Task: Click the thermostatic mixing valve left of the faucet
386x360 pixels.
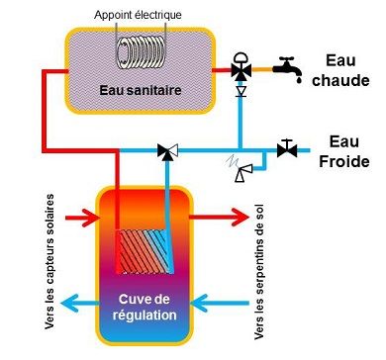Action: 241,71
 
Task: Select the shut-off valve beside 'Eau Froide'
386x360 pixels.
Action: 287,149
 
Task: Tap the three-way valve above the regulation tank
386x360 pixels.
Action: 167,151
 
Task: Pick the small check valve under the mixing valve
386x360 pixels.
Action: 241,92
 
